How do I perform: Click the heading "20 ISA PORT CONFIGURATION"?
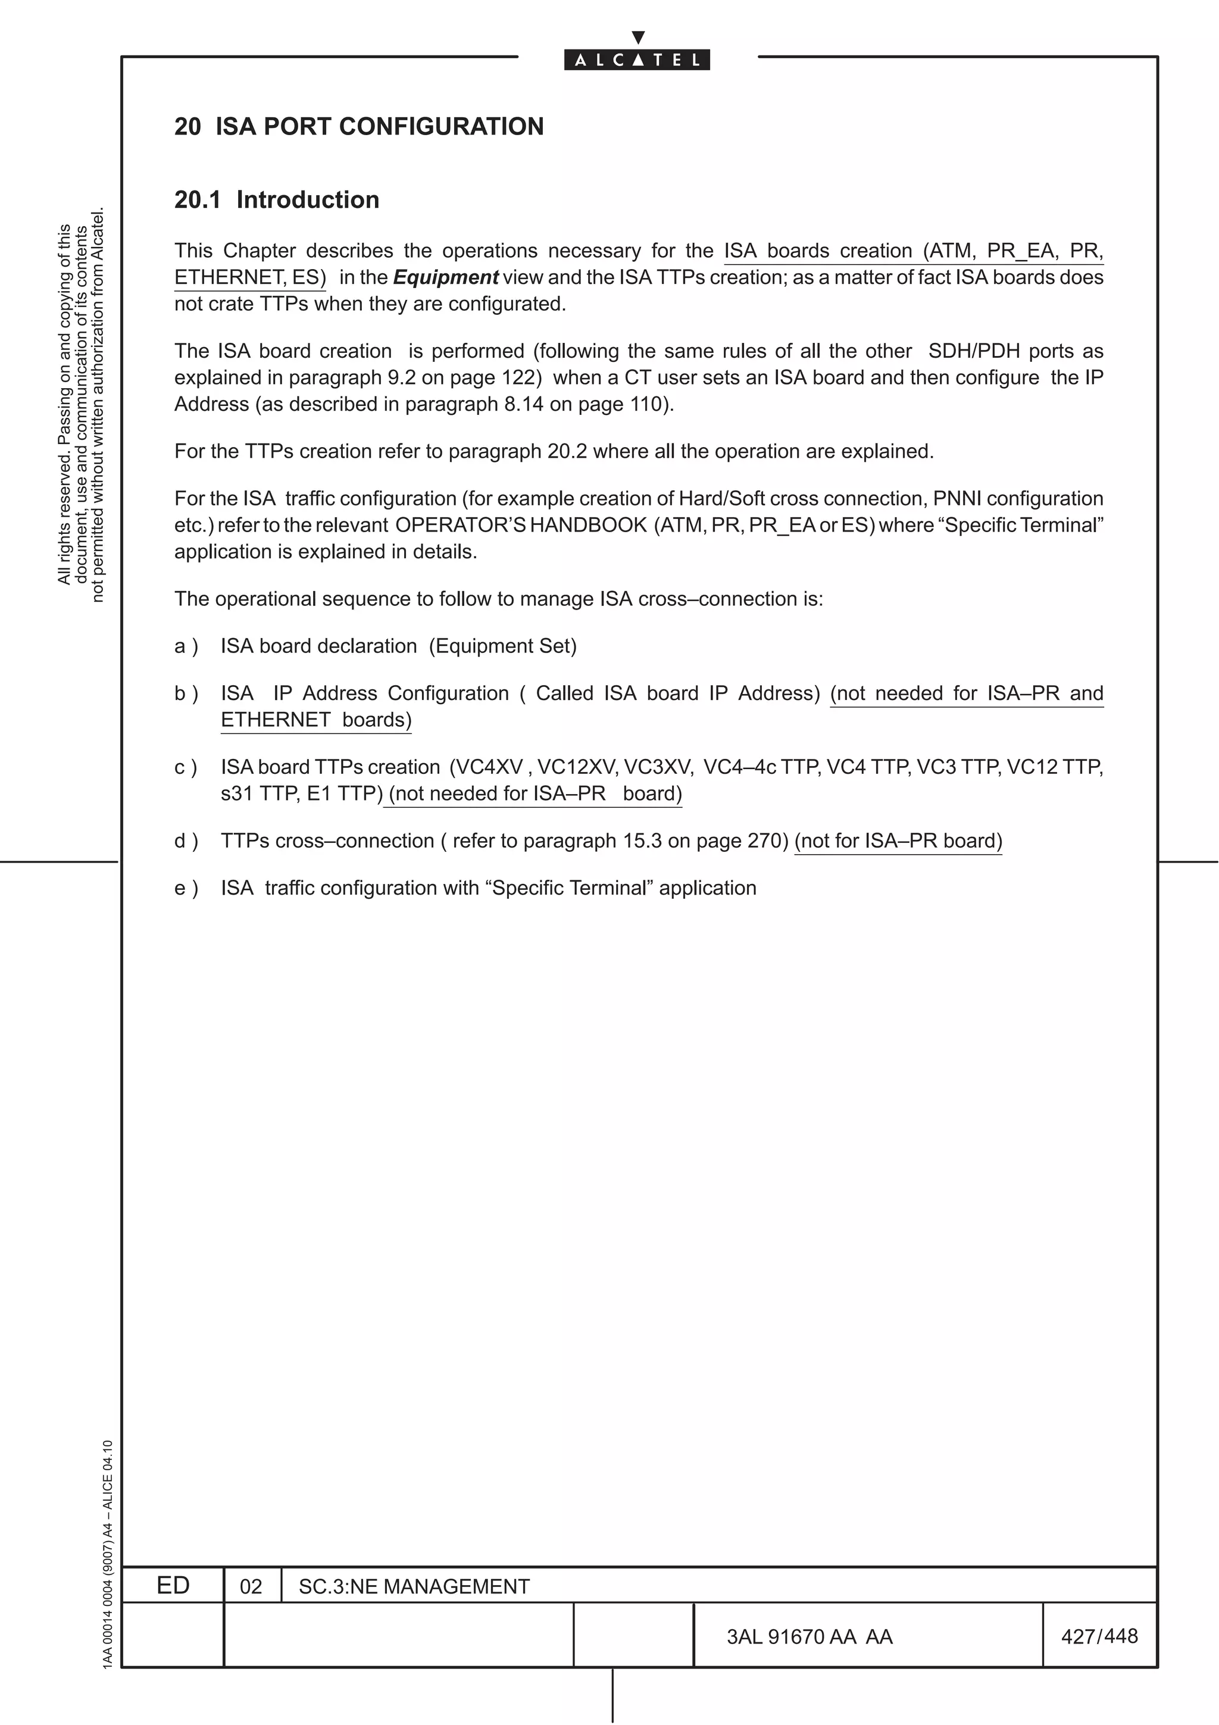point(359,126)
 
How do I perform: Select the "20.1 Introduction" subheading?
point(276,200)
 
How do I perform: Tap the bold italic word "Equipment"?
point(445,277)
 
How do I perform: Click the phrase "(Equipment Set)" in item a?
point(502,646)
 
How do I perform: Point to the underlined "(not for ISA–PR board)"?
point(898,840)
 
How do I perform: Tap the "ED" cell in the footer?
point(173,1585)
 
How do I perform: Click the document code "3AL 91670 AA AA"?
point(809,1636)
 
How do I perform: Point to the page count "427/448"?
point(1099,1636)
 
